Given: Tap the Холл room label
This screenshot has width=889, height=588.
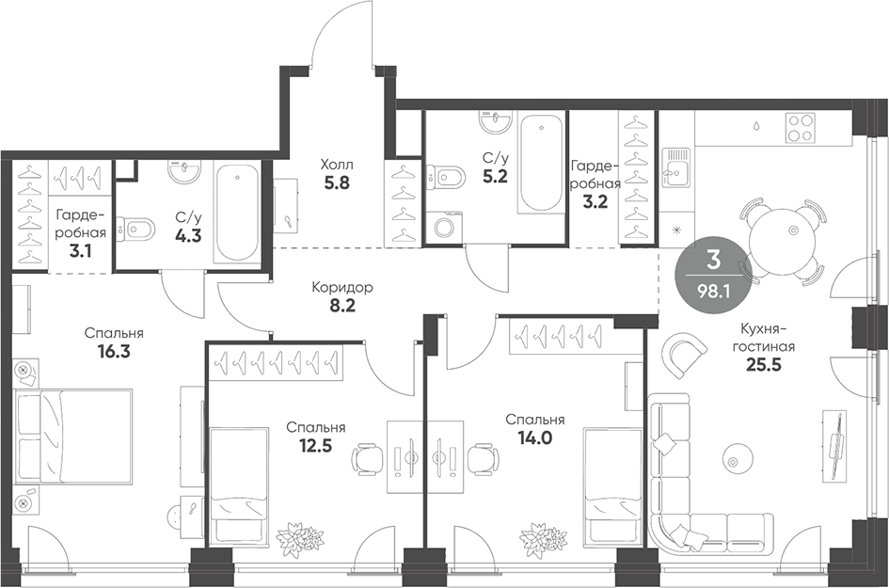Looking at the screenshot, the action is click(336, 165).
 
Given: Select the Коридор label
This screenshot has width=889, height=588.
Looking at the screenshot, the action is click(342, 288).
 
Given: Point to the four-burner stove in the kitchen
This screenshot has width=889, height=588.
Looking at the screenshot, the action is click(801, 128).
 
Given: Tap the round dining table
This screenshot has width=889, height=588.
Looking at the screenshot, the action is click(780, 239).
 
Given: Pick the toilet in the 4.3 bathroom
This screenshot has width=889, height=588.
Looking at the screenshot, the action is click(135, 230).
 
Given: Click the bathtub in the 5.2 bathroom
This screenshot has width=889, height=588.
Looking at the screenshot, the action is click(542, 164).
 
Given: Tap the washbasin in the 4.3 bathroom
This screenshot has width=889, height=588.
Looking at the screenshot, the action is click(184, 170).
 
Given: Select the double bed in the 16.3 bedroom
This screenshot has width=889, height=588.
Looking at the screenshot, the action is click(73, 437).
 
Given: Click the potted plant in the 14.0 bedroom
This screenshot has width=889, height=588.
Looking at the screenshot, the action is click(535, 533).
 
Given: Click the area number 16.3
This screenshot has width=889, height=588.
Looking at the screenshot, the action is click(114, 352).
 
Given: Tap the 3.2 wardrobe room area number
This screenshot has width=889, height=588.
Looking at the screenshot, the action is click(595, 201).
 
